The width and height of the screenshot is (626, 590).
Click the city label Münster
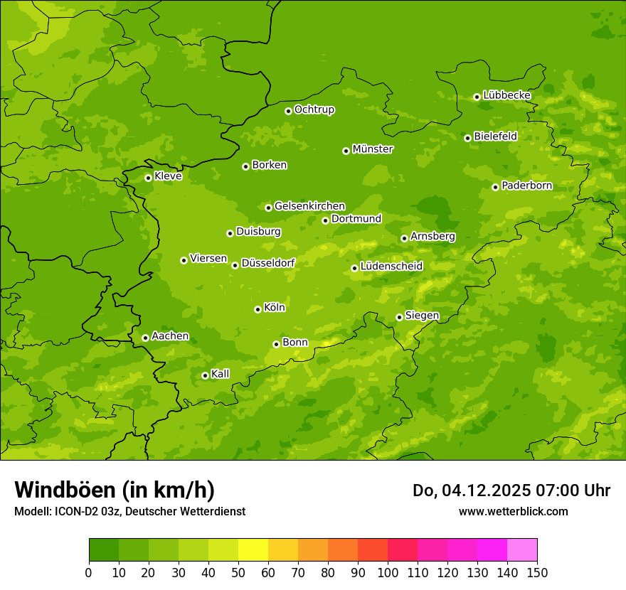(373, 149)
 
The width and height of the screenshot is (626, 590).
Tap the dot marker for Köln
(258, 309)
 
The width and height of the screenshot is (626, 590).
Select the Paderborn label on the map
(527, 186)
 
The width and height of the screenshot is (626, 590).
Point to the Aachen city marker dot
(145, 338)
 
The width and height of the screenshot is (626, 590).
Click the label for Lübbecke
(507, 95)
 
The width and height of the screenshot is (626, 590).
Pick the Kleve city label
(169, 176)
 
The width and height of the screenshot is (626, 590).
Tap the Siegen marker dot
(399, 317)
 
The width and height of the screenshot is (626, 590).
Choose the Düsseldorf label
(268, 263)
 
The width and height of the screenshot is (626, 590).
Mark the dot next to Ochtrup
(288, 111)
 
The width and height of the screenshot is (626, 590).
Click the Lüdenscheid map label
(392, 267)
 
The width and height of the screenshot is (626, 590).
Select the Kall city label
(221, 374)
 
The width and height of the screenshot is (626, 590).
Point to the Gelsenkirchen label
(310, 206)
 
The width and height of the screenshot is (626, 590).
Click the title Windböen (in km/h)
(115, 490)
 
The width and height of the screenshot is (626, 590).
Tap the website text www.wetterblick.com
(514, 511)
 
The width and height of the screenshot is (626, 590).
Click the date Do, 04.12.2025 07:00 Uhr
(511, 490)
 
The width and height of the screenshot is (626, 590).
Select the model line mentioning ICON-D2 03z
(129, 511)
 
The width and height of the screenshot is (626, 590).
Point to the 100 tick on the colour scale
(388, 572)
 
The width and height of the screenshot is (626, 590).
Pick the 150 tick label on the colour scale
(537, 572)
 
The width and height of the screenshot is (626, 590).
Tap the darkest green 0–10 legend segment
(104, 550)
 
